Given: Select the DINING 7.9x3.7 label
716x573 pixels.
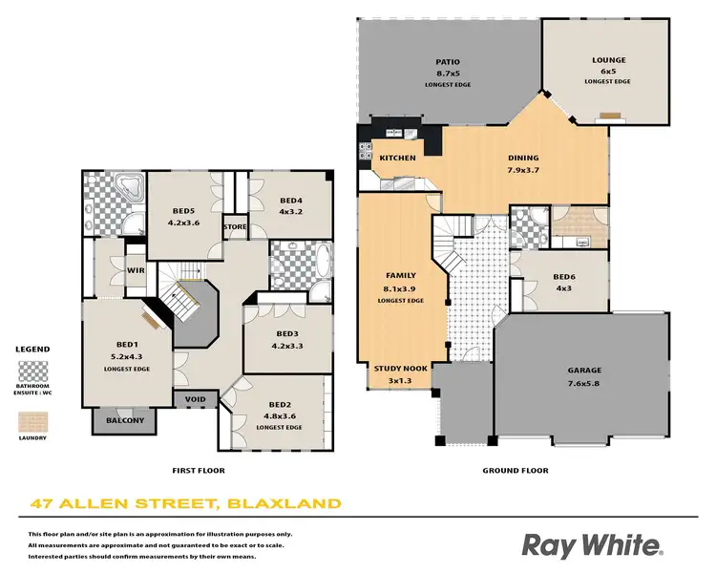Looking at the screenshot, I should click(523, 159).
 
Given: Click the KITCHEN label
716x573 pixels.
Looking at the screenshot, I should click(397, 158).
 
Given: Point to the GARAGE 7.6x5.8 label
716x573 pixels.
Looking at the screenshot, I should click(584, 371).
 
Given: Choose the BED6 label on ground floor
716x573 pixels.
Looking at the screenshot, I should click(564, 278).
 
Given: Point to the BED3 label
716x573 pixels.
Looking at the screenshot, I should click(287, 333).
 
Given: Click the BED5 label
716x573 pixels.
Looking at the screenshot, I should click(183, 211).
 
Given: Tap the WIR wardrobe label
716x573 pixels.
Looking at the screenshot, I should click(135, 270).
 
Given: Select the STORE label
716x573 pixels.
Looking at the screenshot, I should click(235, 226).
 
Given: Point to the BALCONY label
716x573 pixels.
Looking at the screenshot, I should click(125, 420).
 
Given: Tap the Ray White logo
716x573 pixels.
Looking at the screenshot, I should click(591, 545).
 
